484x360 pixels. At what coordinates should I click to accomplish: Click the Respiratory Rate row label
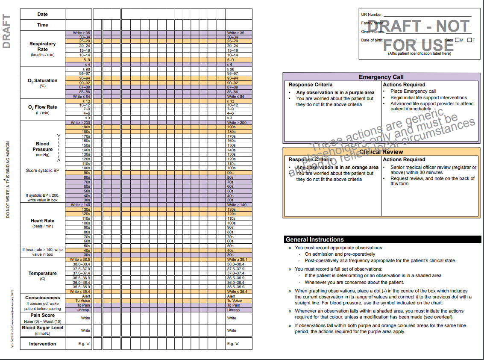click(x=42, y=47)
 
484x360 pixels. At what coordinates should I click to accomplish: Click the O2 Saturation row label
click(x=42, y=80)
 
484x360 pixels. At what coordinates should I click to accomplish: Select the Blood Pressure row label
click(x=42, y=147)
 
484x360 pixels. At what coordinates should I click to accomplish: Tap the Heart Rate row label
click(x=42, y=221)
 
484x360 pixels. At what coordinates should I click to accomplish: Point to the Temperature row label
click(x=42, y=273)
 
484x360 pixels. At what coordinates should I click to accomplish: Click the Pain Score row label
click(x=42, y=315)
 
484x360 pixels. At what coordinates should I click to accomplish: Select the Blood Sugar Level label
click(x=42, y=328)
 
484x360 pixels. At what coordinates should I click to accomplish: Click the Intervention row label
click(x=42, y=344)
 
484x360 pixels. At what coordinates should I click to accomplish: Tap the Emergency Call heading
click(x=381, y=77)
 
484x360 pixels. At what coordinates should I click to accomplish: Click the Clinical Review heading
click(x=381, y=152)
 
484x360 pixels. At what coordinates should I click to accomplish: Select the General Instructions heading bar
click(x=314, y=239)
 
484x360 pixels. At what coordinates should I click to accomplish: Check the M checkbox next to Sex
click(x=457, y=40)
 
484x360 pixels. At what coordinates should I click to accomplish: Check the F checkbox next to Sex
click(x=469, y=40)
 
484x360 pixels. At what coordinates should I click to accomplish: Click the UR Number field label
click(x=372, y=15)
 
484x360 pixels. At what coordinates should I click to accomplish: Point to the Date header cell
click(x=42, y=14)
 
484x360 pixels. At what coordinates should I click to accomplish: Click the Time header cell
click(x=42, y=25)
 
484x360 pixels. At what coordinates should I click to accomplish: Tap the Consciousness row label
click(x=42, y=298)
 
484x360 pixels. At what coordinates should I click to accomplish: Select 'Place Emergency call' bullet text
click(x=413, y=91)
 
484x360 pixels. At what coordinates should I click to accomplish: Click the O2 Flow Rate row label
click(x=42, y=107)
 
